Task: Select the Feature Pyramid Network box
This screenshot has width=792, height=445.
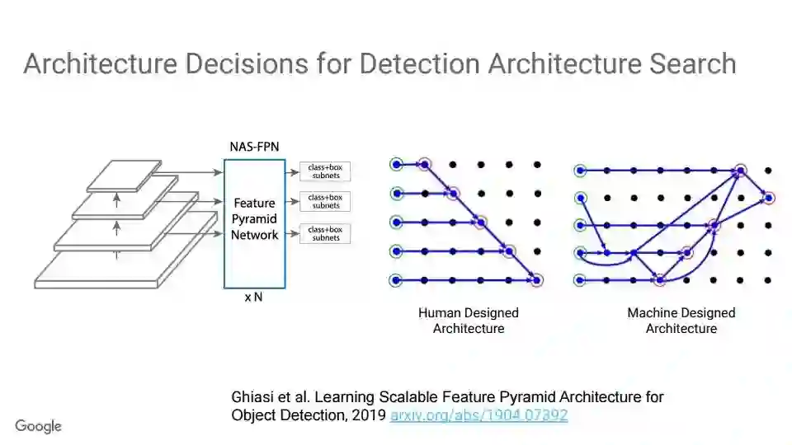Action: click(254, 218)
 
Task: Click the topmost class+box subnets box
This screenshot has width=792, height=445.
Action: click(325, 171)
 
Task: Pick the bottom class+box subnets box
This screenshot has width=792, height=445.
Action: click(325, 233)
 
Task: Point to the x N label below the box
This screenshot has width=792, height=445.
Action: click(253, 297)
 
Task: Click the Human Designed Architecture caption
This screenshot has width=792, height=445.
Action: click(468, 321)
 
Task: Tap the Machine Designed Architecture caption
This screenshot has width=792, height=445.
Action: click(681, 321)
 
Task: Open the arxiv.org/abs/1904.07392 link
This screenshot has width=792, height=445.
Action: click(478, 415)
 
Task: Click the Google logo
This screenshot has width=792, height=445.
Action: click(38, 426)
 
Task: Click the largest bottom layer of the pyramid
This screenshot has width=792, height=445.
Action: click(95, 269)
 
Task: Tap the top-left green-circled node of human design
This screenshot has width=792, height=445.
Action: click(397, 165)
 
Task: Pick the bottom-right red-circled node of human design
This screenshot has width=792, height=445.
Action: click(537, 280)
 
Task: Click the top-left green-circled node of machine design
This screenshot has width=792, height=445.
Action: click(581, 171)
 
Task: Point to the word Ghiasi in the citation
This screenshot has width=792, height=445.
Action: click(252, 397)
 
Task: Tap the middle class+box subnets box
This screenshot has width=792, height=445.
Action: click(325, 201)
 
